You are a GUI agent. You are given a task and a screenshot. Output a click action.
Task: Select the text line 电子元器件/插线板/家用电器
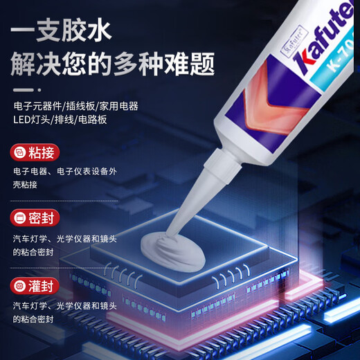(x=75, y=106)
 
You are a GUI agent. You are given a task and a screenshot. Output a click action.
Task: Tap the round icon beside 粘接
(x=20, y=152)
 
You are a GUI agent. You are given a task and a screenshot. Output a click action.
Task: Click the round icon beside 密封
(x=20, y=218)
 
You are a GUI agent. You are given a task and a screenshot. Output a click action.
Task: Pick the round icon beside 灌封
(x=20, y=285)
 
